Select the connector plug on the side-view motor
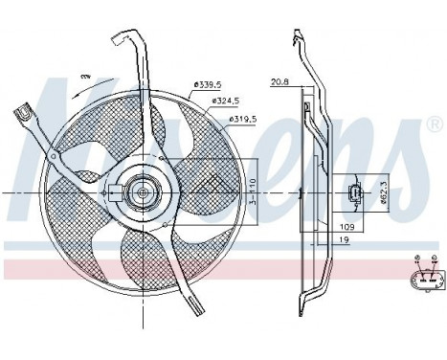355,194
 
